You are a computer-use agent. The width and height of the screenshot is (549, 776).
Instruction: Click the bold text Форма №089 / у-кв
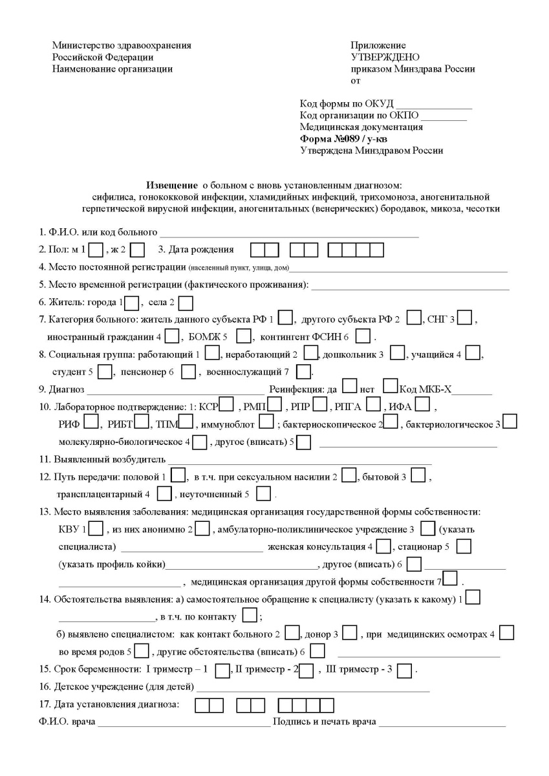pos(345,138)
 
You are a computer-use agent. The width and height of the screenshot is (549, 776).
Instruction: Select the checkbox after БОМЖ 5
pos(243,336)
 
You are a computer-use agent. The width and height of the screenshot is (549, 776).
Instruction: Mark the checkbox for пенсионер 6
pos(188,372)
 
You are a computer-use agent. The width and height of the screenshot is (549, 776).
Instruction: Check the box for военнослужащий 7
pos(303,372)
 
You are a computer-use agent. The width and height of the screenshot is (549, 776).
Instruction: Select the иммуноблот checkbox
pos(266,424)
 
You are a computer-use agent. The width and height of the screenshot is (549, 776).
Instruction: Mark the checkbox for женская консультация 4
pos(383,547)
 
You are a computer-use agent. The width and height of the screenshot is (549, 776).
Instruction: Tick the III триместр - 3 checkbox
pos(405,671)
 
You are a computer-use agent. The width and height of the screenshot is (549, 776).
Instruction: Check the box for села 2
pos(186,303)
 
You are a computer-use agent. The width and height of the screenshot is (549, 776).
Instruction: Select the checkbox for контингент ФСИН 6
pos(363,336)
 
